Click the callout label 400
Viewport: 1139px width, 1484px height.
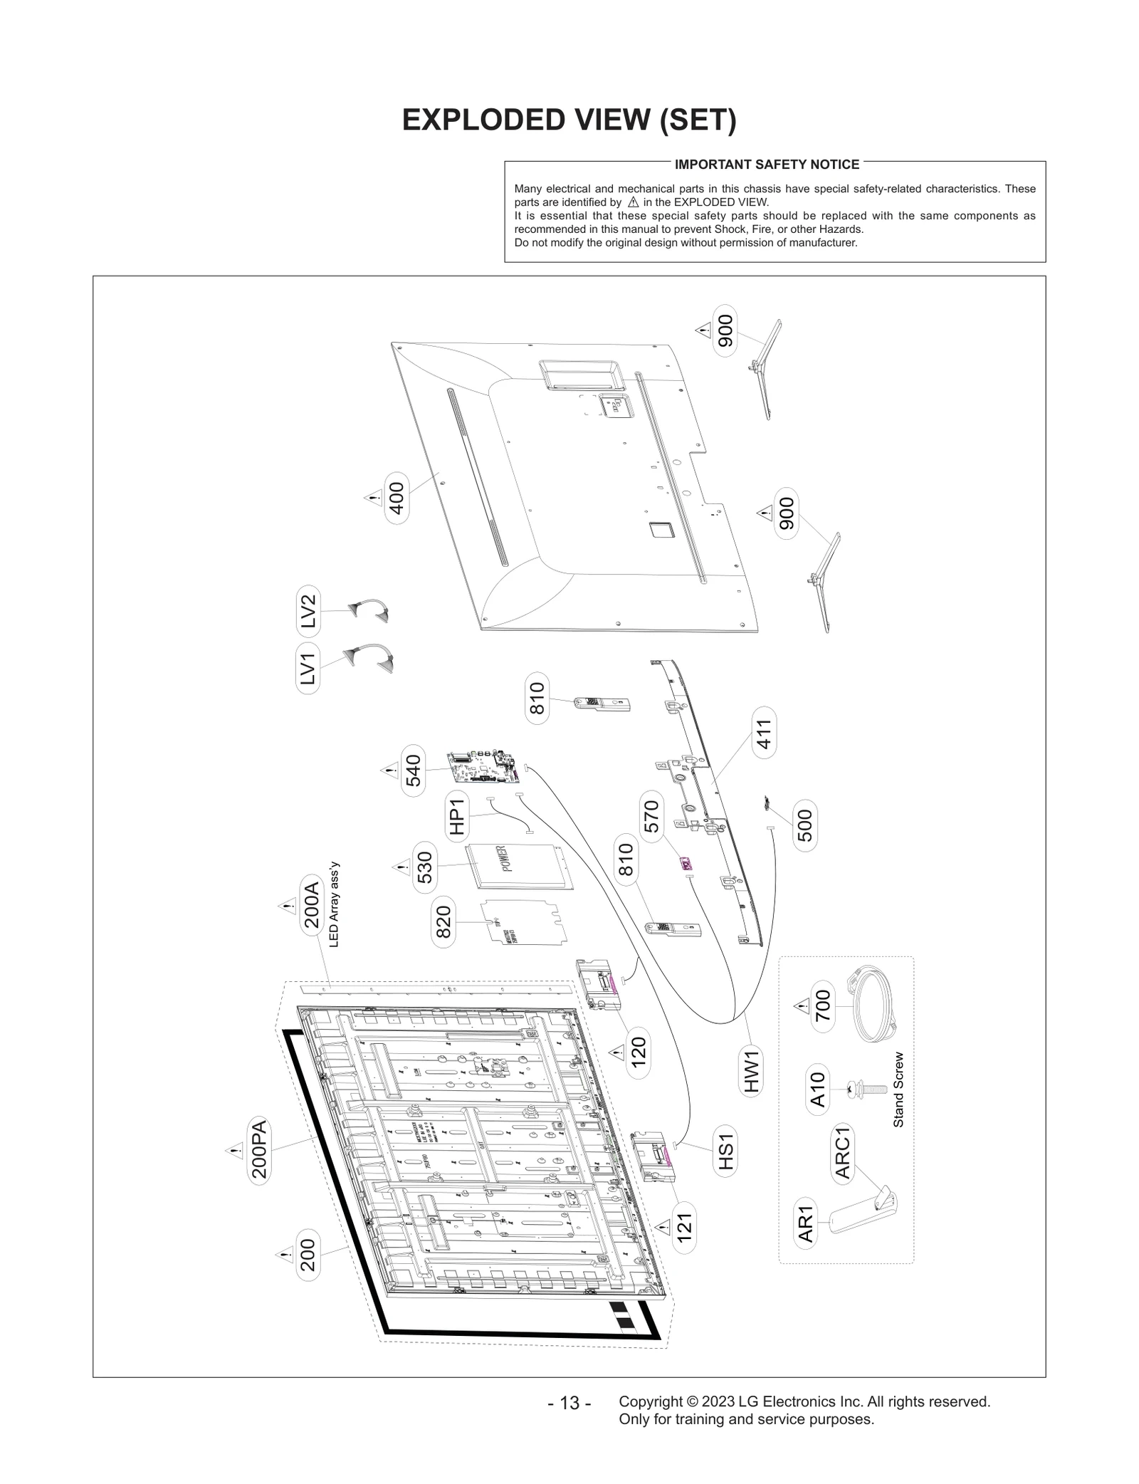click(x=397, y=498)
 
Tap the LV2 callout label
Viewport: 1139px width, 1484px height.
click(x=308, y=611)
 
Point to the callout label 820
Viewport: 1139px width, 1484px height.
click(x=443, y=921)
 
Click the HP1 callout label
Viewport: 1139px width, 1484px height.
click(x=457, y=816)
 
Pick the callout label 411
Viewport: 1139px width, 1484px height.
click(x=764, y=733)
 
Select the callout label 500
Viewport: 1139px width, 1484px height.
click(x=804, y=825)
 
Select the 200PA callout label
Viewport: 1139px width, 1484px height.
click(x=259, y=1151)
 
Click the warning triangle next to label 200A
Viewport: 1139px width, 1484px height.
click(x=287, y=906)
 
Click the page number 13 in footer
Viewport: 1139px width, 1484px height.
click(x=569, y=1404)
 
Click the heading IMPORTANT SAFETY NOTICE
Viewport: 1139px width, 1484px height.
click(x=767, y=164)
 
